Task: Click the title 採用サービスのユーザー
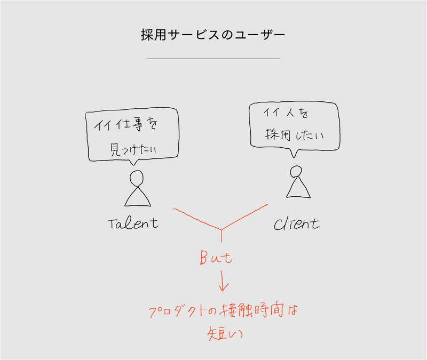tap(213, 35)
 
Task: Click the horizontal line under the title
tap(213, 58)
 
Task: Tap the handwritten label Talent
tap(133, 222)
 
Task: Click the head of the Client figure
tap(296, 171)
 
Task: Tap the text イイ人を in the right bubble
tap(286, 114)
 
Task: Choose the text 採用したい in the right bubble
tap(295, 135)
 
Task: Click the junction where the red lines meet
tap(222, 229)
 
